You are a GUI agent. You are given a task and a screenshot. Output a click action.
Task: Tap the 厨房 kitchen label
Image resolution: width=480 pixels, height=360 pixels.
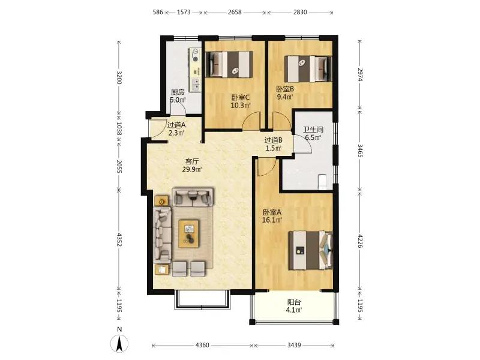[178, 92]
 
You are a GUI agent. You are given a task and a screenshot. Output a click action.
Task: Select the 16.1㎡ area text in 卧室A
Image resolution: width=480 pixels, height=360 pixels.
[272, 220]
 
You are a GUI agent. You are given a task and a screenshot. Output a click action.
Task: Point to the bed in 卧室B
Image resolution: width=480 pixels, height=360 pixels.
[308, 68]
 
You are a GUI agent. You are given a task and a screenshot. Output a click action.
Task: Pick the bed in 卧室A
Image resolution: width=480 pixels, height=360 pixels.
[310, 250]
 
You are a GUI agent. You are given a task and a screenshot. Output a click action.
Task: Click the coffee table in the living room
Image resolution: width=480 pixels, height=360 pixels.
[189, 233]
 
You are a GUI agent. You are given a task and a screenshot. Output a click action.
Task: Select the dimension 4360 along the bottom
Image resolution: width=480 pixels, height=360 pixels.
[202, 346]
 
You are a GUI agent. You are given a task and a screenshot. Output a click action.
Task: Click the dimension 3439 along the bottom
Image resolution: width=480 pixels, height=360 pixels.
[294, 346]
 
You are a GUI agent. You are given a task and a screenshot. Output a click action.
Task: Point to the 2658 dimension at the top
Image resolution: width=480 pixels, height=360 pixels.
[235, 12]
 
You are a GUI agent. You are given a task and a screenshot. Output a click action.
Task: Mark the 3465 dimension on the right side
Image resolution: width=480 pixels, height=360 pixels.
[360, 151]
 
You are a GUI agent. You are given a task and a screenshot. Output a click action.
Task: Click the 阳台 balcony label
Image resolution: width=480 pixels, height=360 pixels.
[294, 302]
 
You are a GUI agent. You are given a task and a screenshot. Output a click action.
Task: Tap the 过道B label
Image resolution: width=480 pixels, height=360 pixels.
[274, 140]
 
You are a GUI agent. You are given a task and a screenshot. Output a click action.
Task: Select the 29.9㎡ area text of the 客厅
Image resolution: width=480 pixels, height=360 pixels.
[192, 169]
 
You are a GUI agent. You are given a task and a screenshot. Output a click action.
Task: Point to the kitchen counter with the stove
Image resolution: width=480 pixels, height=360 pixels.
[196, 70]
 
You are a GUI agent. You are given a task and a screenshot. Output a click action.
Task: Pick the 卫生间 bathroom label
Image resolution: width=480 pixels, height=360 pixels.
[313, 130]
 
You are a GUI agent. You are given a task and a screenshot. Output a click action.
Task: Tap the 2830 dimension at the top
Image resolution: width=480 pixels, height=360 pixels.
[300, 12]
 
